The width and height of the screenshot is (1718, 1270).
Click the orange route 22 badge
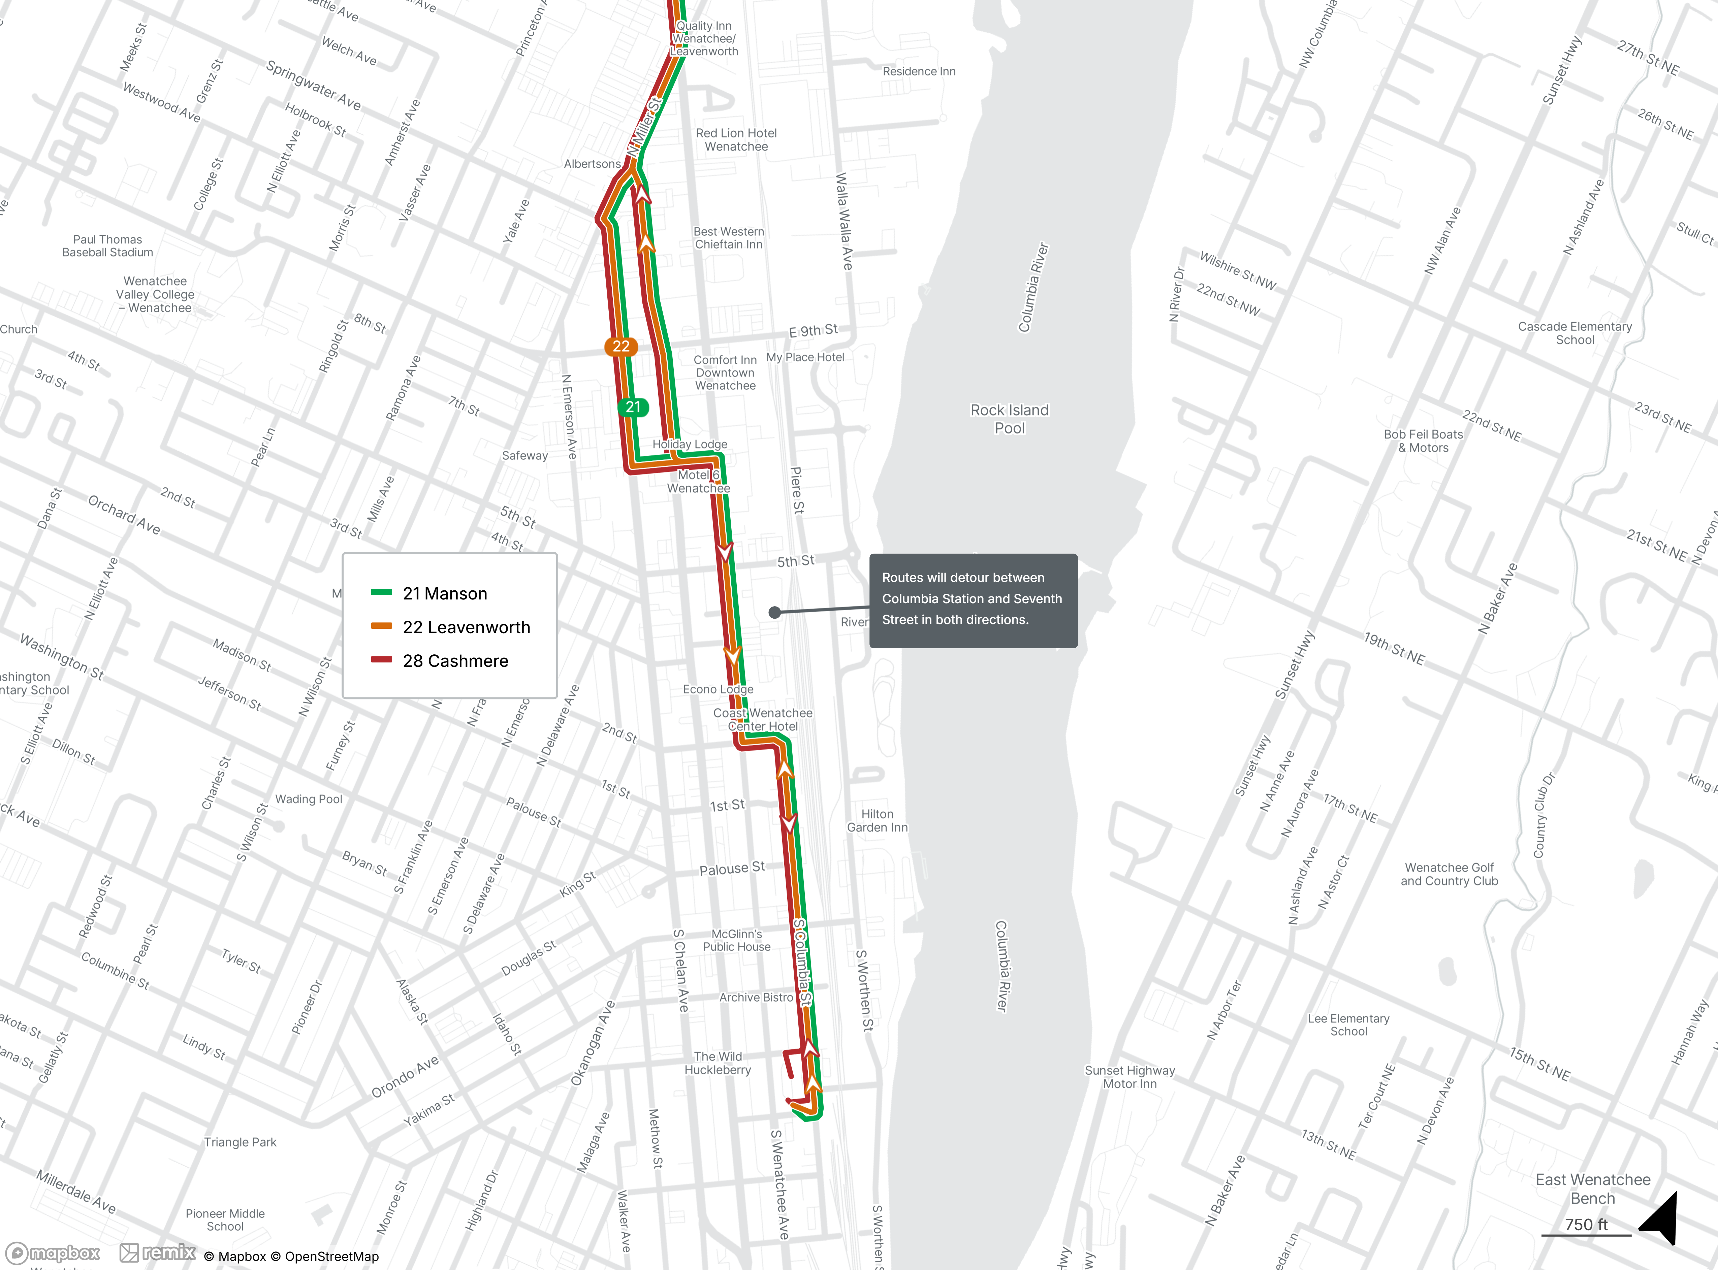pos(621,347)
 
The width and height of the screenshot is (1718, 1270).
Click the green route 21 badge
pos(633,408)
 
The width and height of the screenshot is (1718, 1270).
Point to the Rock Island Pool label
pos(1009,419)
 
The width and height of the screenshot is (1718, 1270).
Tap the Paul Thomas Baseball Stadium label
pos(108,246)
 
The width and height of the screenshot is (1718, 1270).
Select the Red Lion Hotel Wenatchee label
pos(736,140)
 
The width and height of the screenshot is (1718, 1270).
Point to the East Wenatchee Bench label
pos(1593,1188)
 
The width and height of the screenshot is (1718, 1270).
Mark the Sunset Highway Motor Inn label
pos(1130,1077)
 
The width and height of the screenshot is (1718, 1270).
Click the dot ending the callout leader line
pos(774,613)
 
